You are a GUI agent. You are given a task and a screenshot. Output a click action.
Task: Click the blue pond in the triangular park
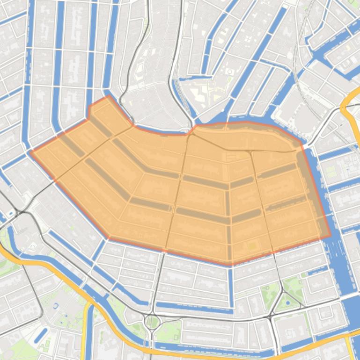[287, 303]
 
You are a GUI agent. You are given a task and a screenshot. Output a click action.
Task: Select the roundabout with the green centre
[152, 321]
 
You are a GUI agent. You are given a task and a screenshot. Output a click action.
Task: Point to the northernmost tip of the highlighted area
[109, 96]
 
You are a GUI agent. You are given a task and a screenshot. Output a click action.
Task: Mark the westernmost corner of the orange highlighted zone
[30, 151]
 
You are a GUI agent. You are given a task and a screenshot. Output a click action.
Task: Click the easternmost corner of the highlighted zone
[330, 236]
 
